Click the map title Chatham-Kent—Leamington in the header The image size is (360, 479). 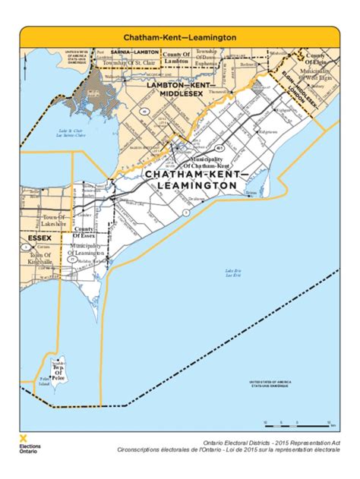[x=180, y=36]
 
